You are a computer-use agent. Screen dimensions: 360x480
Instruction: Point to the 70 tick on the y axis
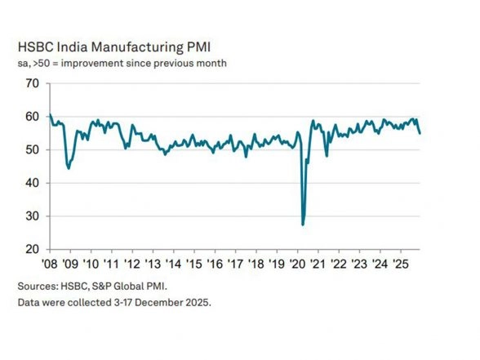pos(32,83)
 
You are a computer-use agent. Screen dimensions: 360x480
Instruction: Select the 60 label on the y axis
pos(32,117)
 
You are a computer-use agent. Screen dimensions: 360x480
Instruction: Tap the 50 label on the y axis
pos(32,149)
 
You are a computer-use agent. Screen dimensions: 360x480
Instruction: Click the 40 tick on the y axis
pos(32,183)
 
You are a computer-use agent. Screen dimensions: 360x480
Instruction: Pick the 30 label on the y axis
pos(32,216)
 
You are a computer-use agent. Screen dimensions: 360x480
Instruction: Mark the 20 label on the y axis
pos(32,249)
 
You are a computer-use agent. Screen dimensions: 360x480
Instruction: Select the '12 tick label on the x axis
pos(132,264)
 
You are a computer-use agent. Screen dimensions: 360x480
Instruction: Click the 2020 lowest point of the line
pos(304,224)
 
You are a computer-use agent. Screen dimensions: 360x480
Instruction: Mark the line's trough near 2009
pos(69,167)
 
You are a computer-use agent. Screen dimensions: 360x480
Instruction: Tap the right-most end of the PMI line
pos(420,133)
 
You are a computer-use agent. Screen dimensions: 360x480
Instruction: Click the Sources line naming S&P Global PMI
pos(99,287)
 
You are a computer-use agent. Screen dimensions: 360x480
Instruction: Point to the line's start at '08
pos(50,115)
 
